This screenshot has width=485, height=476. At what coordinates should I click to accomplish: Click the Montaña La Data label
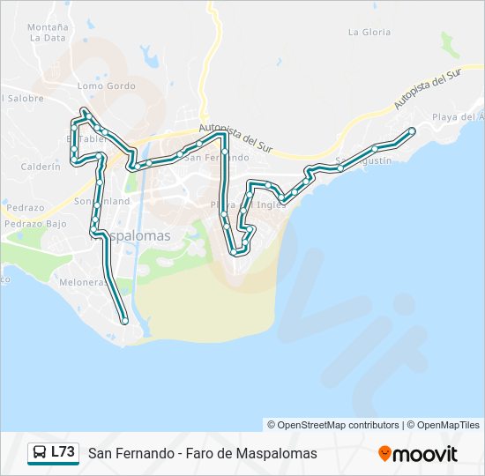pos(48,33)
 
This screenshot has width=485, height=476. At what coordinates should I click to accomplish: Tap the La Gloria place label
pos(369,32)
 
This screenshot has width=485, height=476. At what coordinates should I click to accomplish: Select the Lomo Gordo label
pos(106,86)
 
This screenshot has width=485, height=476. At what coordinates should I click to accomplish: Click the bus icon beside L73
pos(40,453)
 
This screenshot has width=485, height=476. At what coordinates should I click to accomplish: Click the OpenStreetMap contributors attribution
pos(339,425)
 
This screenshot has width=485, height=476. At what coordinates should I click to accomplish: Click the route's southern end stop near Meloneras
pos(125,322)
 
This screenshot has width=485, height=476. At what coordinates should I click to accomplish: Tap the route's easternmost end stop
pos(412,131)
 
